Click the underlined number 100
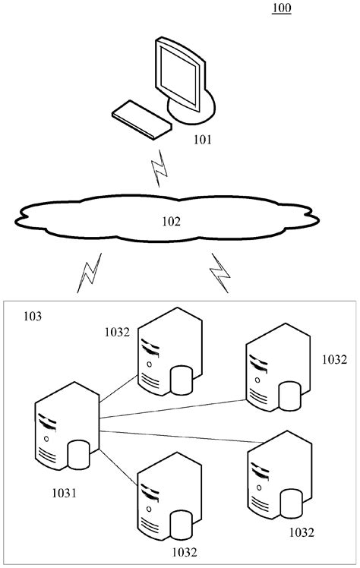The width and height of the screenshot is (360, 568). click(280, 9)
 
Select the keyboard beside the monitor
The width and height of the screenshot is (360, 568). click(142, 119)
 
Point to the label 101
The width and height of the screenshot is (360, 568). click(203, 139)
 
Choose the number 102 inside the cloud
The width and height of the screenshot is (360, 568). click(172, 222)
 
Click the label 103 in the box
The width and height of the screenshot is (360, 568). click(34, 314)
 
